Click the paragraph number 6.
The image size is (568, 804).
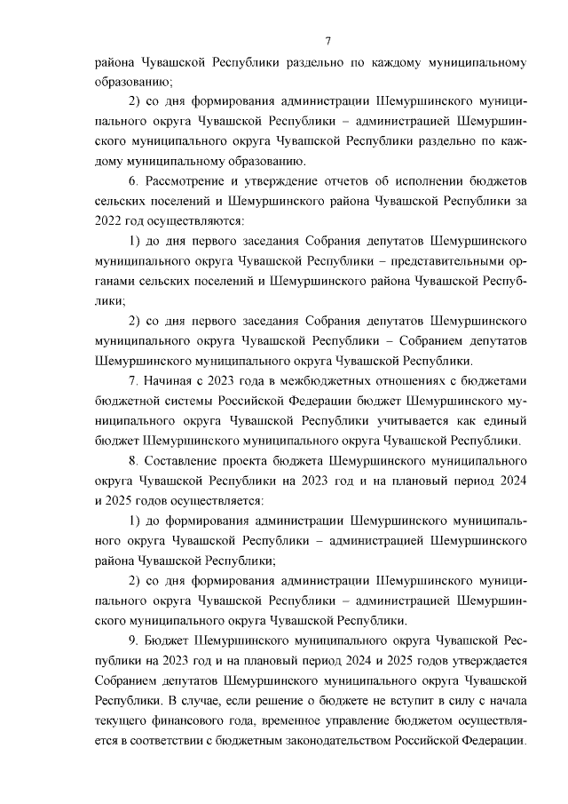tap(134, 181)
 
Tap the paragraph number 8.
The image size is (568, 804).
tap(134, 461)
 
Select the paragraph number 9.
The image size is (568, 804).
tap(134, 641)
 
